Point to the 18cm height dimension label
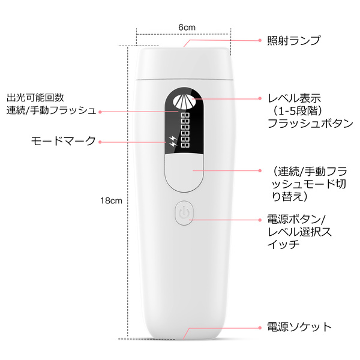pos(112,201)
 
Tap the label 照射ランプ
pos(293,41)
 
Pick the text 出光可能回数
pos(35,97)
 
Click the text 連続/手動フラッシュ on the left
pos(51,110)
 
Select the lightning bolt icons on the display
pos(173,143)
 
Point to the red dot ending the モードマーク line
pos(100,142)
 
